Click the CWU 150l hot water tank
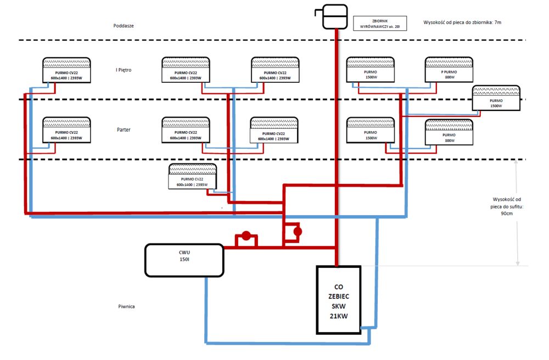click(184, 261)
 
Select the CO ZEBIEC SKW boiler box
click(339, 300)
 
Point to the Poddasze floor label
click(124, 25)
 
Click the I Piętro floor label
click(124, 70)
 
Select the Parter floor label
click(124, 130)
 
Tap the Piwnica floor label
click(126, 306)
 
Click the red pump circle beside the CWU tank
click(247, 237)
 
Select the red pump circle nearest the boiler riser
click(298, 232)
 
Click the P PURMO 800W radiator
click(449, 70)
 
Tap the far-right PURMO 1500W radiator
click(496, 98)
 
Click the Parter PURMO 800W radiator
click(449, 133)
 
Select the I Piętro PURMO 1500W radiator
click(370, 70)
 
